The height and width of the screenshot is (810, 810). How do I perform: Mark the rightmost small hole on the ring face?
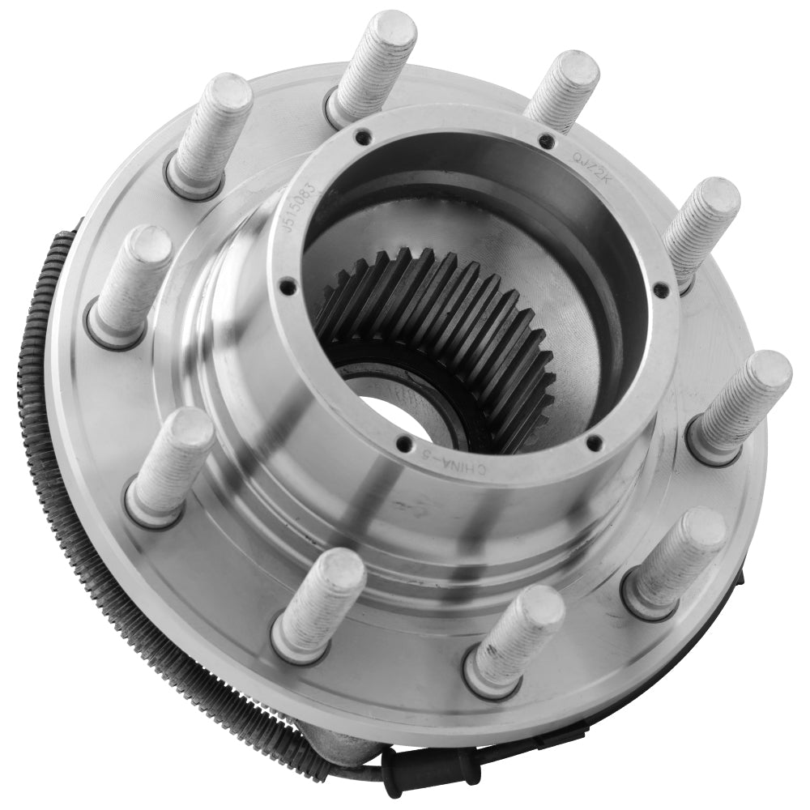pyautogui.click(x=661, y=289)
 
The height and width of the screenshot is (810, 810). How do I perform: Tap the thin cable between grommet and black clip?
pyautogui.click(x=510, y=753)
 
